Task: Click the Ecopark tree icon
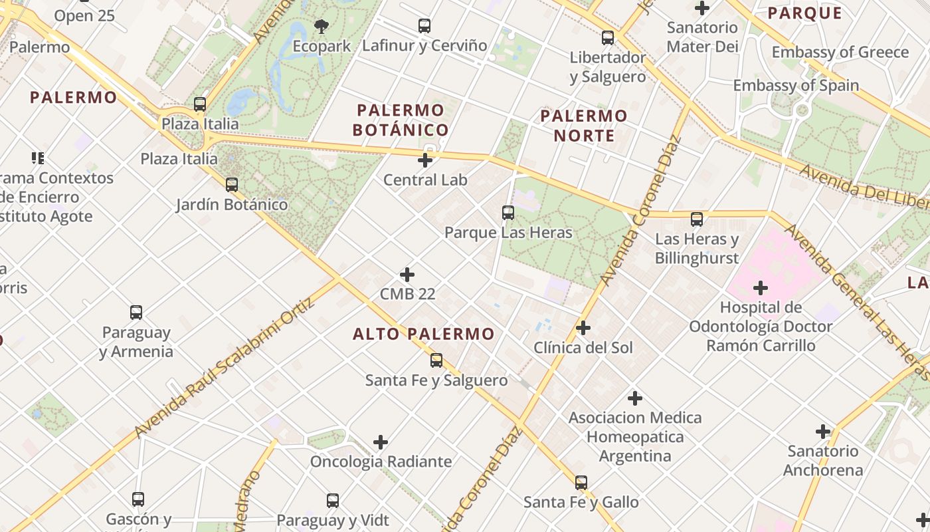pyautogui.click(x=322, y=27)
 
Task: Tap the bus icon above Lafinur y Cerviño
pyautogui.click(x=424, y=26)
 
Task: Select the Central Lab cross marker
pyautogui.click(x=425, y=160)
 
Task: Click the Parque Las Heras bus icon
pyautogui.click(x=508, y=213)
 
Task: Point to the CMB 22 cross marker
pyautogui.click(x=407, y=275)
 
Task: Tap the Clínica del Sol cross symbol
pyautogui.click(x=583, y=328)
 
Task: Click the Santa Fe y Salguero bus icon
pyautogui.click(x=436, y=360)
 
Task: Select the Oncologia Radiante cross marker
pyautogui.click(x=381, y=442)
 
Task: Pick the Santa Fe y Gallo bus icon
pyautogui.click(x=581, y=483)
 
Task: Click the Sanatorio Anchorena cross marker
pyautogui.click(x=823, y=432)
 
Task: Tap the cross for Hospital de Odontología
pyautogui.click(x=761, y=288)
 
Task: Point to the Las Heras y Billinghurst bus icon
pyautogui.click(x=697, y=219)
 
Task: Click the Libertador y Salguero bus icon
pyautogui.click(x=608, y=38)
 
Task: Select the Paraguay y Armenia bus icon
pyautogui.click(x=136, y=313)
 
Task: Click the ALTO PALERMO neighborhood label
pyautogui.click(x=424, y=334)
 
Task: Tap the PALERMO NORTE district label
pyautogui.click(x=583, y=126)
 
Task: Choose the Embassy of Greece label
pyautogui.click(x=840, y=52)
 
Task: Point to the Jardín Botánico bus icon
pyautogui.click(x=232, y=185)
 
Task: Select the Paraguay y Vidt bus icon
pyautogui.click(x=333, y=501)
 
